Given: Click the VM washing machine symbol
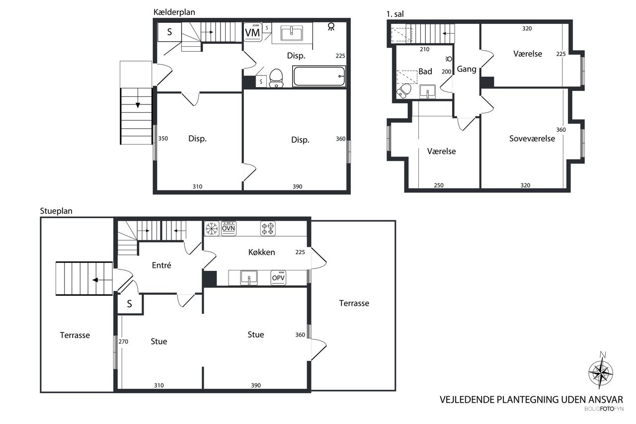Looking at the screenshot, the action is coord(253,32).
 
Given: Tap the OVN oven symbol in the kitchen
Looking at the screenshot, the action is coord(229,228).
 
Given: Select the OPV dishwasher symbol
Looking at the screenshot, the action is coord(278,277).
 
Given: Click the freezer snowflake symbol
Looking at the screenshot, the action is coord(212,229).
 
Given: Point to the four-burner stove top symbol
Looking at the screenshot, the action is coord(268,229).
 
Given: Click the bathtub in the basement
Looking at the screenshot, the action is coord(319,76).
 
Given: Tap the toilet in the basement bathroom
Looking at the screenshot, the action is coord(276,78).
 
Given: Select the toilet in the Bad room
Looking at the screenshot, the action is coord(404,90).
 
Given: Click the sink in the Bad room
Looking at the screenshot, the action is coord(428,91).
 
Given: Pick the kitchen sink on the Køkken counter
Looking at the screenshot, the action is coord(249,277).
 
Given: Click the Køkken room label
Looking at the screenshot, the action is coord(261,252).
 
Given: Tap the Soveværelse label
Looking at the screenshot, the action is coord(532,139).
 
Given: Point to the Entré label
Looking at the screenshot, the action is coord(161,265).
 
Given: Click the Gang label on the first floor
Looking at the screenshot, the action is coord(467,69).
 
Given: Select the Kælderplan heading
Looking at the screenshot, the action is coord(174,12).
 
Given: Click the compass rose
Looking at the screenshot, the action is coord(601,372).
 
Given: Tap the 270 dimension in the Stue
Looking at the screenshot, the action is coord(123,341).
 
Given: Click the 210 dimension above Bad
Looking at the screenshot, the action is coord(424,49).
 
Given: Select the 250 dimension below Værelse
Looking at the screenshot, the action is coord(439,185).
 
